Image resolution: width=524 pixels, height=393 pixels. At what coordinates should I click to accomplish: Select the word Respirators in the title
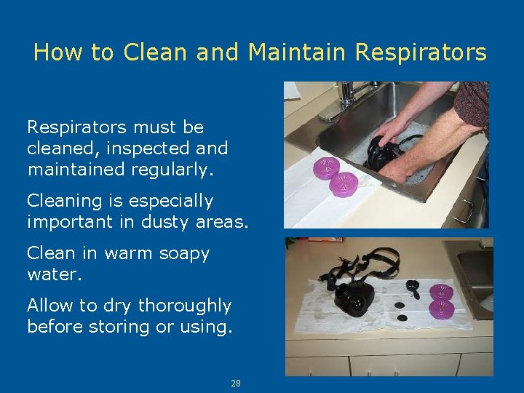click(421, 52)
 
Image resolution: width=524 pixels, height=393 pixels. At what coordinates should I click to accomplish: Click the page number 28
click(236, 384)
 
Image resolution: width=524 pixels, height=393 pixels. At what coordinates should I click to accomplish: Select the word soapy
click(180, 254)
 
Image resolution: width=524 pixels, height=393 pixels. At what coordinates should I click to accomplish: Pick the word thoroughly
click(185, 306)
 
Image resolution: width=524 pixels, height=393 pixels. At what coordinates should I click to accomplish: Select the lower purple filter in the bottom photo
click(442, 308)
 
